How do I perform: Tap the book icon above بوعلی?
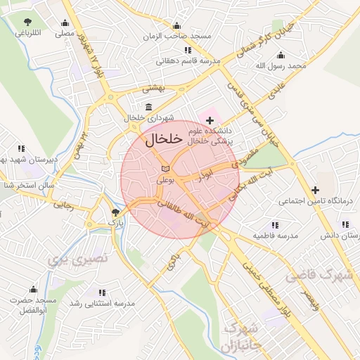(x=165, y=169)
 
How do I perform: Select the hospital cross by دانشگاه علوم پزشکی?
(x=210, y=121)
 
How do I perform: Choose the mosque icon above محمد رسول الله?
(x=281, y=55)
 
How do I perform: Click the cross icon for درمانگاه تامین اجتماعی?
(x=316, y=190)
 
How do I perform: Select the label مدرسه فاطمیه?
(x=275, y=236)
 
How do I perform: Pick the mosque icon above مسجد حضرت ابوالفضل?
(x=32, y=288)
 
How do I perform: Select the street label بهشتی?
(x=153, y=89)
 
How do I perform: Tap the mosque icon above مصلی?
(x=65, y=22)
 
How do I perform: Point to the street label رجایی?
(x=63, y=205)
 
